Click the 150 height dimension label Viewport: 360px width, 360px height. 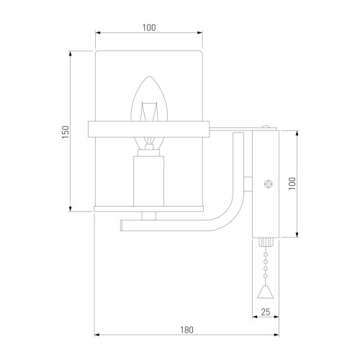point(66,132)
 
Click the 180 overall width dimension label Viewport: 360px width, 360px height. point(186,330)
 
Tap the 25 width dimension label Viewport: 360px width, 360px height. point(266,312)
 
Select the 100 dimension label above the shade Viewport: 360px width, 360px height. point(149,27)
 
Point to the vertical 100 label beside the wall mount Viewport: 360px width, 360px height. point(292,184)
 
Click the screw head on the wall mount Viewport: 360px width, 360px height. point(269,184)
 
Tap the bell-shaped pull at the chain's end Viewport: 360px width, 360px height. point(265,292)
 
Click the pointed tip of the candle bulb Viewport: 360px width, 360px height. point(149,76)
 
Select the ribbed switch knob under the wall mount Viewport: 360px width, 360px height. point(266,242)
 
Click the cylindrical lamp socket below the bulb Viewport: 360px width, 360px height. point(148,181)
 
